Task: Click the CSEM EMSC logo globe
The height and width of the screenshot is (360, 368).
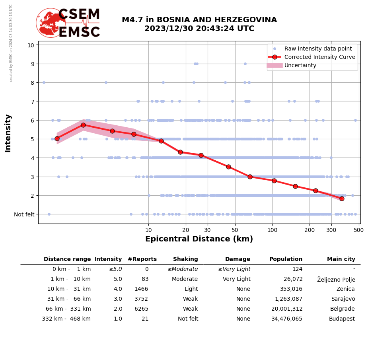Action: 51,23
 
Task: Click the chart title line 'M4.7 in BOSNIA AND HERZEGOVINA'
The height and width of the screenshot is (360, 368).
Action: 199,20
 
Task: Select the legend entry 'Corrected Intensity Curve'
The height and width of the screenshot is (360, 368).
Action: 319,57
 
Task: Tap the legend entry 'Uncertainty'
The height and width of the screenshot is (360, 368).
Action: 300,65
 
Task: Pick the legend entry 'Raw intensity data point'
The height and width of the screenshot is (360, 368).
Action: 318,49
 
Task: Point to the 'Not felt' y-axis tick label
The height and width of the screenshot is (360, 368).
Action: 24,214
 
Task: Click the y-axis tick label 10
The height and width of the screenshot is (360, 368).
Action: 31,45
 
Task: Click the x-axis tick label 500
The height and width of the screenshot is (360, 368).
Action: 359,230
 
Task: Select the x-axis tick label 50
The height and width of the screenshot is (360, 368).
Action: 235,230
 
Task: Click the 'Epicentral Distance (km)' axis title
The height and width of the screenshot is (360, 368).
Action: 199,239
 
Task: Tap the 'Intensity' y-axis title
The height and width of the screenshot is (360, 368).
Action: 8,133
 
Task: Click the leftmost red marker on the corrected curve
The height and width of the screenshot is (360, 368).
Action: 57,138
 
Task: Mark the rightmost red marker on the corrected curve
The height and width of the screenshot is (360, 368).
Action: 342,198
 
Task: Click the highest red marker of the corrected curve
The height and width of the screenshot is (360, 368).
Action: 83,125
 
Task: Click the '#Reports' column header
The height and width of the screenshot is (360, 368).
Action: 142,259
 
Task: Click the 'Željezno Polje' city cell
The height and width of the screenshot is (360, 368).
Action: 336,279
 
